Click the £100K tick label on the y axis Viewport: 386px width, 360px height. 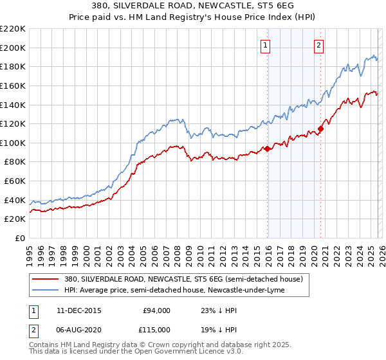[13, 143]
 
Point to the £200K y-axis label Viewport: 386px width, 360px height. [13, 48]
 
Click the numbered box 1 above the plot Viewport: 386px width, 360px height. [265, 45]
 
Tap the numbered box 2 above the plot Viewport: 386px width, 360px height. [318, 45]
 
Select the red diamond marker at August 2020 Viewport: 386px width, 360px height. [320, 129]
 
